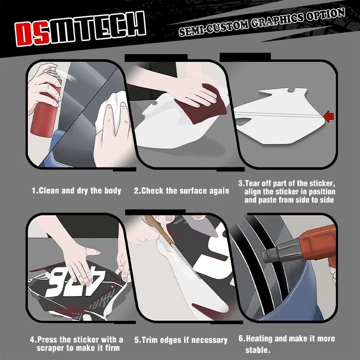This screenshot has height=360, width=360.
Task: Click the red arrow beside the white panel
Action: click(x=329, y=116)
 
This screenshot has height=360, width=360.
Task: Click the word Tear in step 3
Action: click(x=253, y=183)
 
